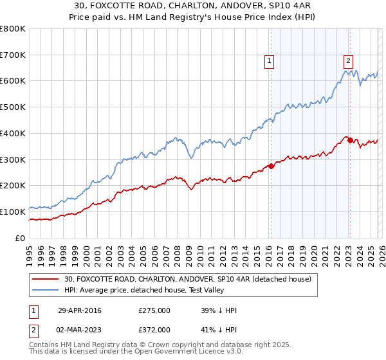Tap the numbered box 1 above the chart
269,61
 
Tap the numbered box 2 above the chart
348,61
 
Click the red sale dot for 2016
271,166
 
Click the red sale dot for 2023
349,140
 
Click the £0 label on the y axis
21,238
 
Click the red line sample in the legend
46,279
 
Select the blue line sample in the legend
46,290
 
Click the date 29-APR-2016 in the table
80,310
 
